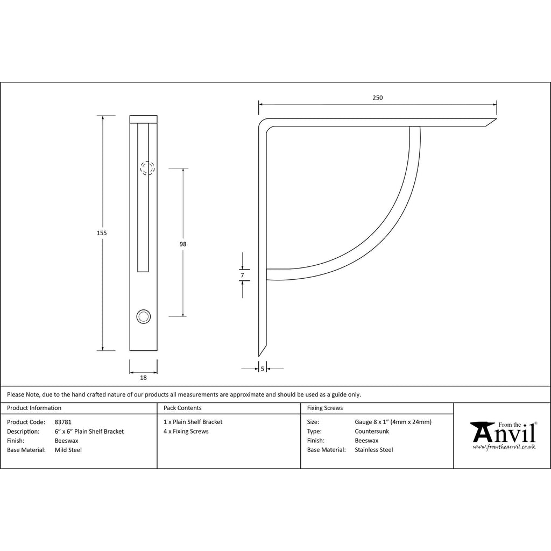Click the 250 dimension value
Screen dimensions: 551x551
(x=377, y=98)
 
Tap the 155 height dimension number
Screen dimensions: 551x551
(x=102, y=233)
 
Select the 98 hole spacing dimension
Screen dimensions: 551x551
(x=183, y=244)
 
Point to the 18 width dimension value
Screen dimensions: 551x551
(x=143, y=378)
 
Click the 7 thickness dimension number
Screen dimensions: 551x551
(x=242, y=275)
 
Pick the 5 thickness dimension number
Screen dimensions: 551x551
(x=263, y=369)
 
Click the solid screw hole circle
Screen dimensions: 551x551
(x=143, y=316)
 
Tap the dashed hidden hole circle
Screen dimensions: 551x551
(x=147, y=168)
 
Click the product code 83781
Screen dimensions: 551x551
(x=63, y=422)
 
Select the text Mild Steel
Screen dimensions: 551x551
(x=68, y=450)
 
